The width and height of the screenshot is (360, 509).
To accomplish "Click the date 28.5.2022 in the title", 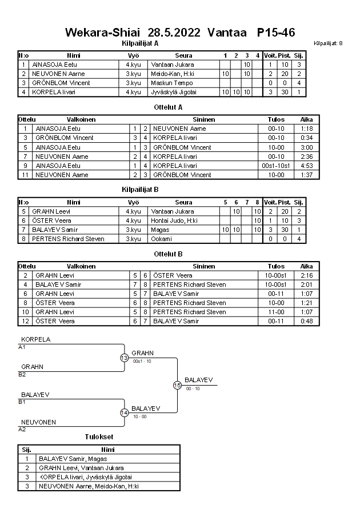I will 174,33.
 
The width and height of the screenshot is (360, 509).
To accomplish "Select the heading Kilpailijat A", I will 140,43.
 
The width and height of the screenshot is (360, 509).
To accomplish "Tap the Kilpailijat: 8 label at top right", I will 328,43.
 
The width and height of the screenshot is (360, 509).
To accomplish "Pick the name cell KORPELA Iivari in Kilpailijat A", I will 54,92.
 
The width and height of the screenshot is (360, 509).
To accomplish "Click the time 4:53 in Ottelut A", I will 306,166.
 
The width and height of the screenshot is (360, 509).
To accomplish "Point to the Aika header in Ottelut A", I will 306,120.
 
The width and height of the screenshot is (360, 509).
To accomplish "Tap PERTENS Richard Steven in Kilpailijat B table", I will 68,239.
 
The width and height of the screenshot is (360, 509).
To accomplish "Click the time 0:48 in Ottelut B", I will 306,322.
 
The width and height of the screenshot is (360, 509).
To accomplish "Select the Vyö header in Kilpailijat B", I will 134,202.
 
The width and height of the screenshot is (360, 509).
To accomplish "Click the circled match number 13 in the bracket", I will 125,358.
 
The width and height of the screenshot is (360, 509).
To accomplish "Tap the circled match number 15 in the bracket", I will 177,386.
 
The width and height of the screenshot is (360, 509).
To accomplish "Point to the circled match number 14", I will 125,413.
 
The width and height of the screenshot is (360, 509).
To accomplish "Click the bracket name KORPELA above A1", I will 35,339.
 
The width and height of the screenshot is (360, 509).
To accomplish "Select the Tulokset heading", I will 99,438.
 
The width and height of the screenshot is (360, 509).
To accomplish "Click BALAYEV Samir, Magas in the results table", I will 73,459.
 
